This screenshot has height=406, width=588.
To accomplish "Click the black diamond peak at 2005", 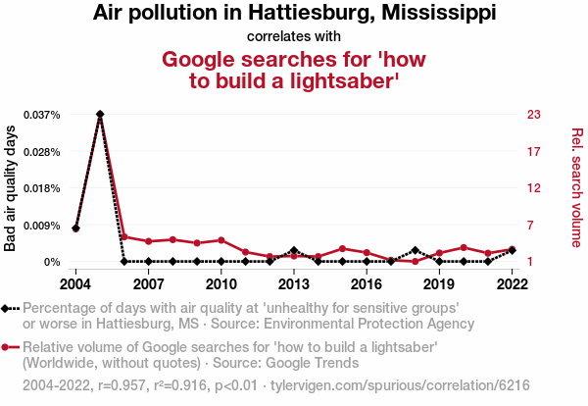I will [x=100, y=115].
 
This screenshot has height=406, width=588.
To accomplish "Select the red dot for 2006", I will [x=124, y=236].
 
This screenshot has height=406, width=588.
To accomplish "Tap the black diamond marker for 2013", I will [x=294, y=251].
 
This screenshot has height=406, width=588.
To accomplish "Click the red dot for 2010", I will [x=221, y=240].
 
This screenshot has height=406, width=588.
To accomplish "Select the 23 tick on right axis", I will [x=534, y=115].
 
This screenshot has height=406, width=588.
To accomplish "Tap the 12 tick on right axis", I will [x=534, y=188].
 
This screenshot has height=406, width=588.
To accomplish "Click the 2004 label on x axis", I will [x=75, y=284].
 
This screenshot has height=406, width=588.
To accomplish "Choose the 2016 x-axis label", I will [x=367, y=284].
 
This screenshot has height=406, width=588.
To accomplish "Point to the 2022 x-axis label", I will [x=512, y=284].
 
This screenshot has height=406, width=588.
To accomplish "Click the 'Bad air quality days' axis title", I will [x=12, y=188].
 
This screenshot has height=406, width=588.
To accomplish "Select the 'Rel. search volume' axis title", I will [x=576, y=188].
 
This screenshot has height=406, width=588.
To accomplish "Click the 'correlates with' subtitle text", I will [x=294, y=36].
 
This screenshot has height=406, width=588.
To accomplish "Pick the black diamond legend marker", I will [x=10, y=308].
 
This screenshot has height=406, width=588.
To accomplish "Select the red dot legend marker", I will [x=10, y=347].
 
